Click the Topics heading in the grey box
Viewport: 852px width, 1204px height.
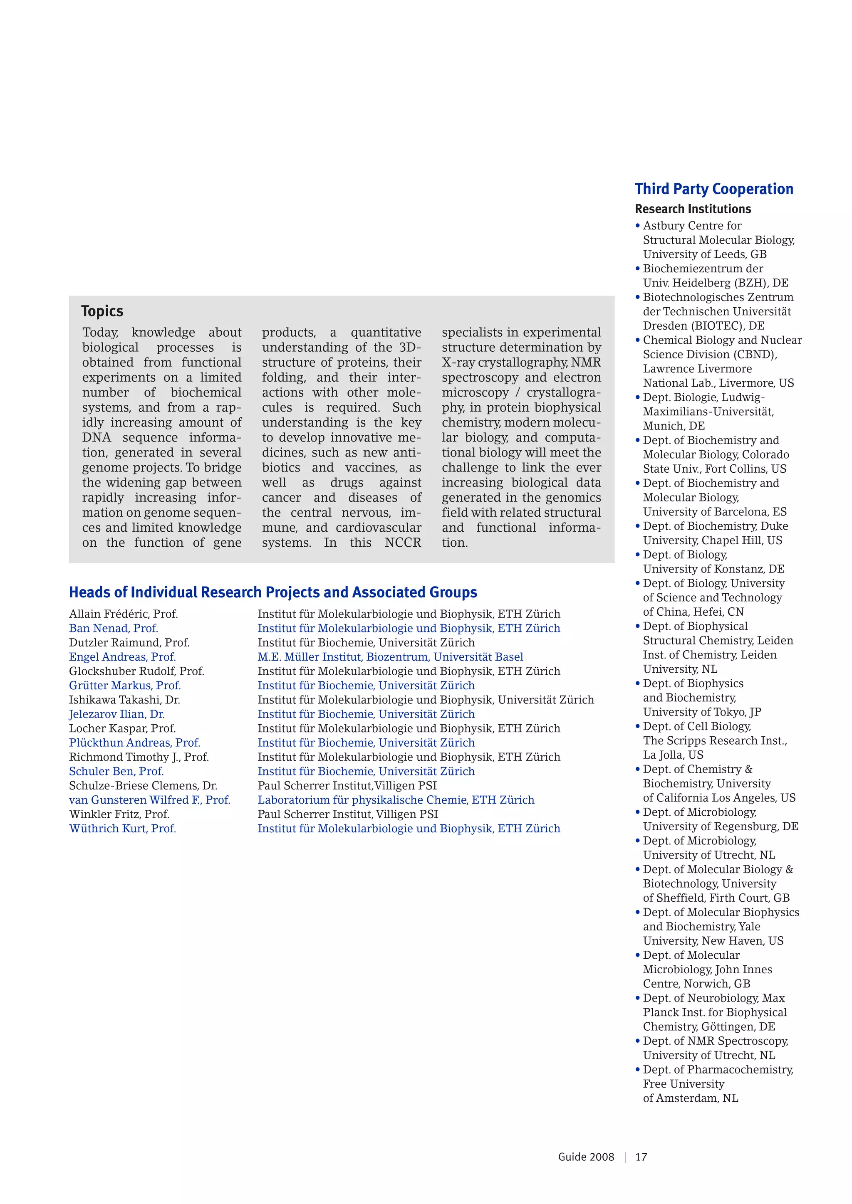coord(102,311)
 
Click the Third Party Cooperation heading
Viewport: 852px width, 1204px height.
coord(713,189)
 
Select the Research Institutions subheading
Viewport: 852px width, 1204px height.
coord(693,209)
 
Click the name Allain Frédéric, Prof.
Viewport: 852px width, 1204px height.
coord(123,614)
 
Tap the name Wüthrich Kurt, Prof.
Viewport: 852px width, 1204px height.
coord(122,829)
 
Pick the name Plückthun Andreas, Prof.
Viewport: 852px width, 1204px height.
coord(134,743)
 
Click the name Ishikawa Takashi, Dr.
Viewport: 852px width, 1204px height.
coord(124,700)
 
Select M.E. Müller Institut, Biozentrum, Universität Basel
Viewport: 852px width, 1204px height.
coord(390,657)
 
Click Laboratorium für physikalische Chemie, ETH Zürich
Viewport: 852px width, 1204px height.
coord(396,800)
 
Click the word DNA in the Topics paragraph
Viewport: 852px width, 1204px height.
coord(97,438)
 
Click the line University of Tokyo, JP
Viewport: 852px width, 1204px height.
coord(702,712)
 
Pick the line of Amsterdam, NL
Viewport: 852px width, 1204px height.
coord(691,1098)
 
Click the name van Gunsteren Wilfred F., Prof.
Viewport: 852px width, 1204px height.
coord(149,800)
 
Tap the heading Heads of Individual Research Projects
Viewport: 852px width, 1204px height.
coord(273,592)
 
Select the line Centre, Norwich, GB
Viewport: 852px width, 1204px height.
coord(696,984)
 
